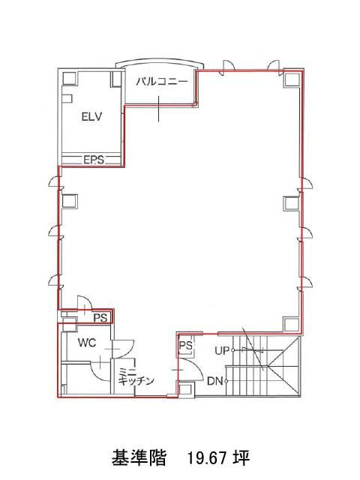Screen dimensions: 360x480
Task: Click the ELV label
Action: [91, 117]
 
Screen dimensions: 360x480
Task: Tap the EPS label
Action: [94, 160]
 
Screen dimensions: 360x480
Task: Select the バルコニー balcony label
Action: [161, 82]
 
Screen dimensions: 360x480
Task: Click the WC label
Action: [87, 343]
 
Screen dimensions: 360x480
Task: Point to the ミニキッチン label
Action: [136, 376]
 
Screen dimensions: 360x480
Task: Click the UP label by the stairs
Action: [222, 350]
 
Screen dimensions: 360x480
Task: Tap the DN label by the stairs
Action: [215, 382]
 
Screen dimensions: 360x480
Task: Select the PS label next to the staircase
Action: [185, 345]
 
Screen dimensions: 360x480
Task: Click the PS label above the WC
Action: [100, 318]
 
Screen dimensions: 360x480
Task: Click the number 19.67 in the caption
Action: [207, 458]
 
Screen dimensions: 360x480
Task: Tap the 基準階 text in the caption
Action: [139, 458]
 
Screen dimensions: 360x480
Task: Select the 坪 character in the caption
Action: [241, 458]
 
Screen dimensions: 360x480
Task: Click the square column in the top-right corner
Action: [290, 79]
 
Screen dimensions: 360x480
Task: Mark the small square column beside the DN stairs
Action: [185, 389]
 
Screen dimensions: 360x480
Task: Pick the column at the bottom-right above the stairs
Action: [290, 324]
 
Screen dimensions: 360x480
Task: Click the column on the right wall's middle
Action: [291, 203]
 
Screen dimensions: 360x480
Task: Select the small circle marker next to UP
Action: [232, 350]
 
